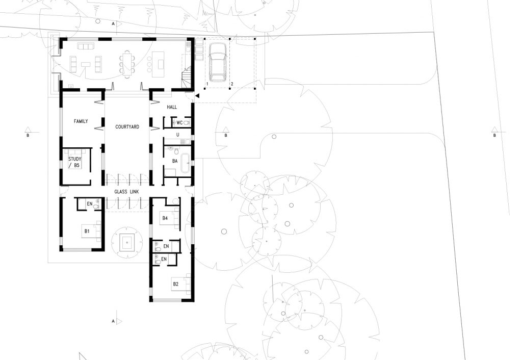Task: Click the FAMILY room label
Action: point(81,121)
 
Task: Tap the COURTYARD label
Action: point(127,127)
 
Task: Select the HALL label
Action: point(172,107)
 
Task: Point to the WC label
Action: point(179,122)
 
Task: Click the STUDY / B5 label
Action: point(75,162)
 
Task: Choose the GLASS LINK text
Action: point(126,192)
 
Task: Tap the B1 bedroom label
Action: point(87,231)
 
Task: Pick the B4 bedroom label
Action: point(165,218)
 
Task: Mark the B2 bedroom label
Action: point(175,284)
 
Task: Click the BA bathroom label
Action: point(175,161)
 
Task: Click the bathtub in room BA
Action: point(185,163)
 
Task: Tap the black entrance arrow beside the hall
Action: point(197,96)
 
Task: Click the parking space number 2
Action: point(232,84)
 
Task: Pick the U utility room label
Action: point(178,135)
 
